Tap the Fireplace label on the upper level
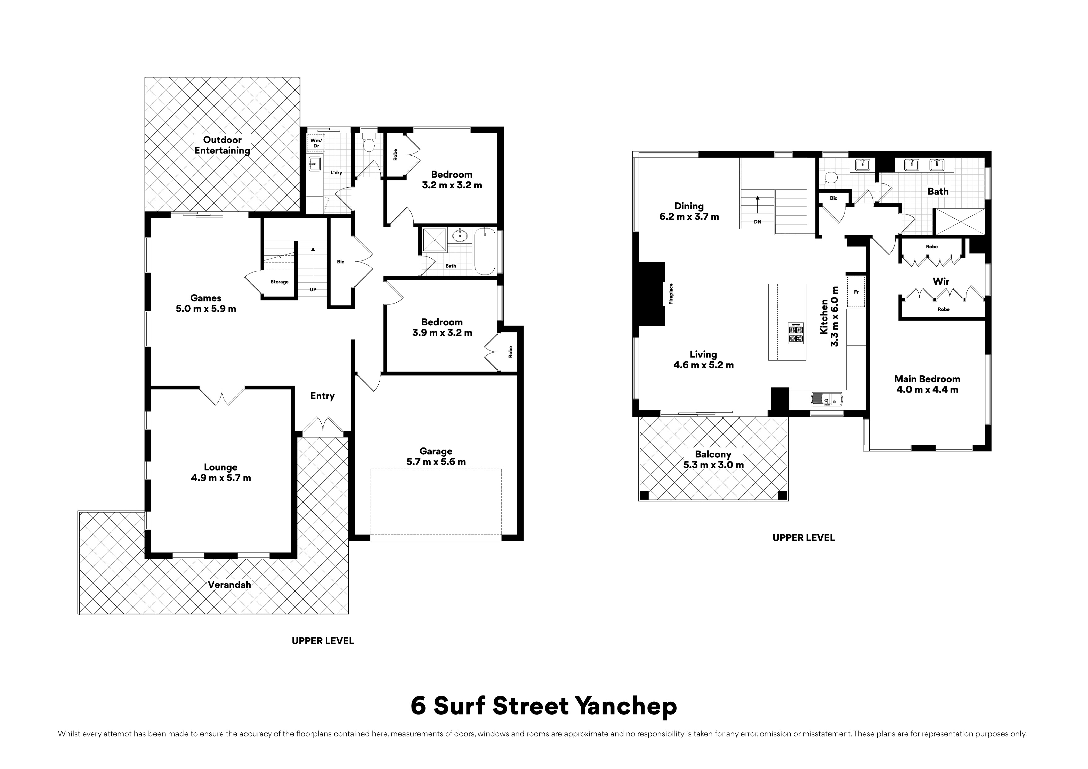(x=671, y=293)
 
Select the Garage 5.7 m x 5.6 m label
(x=436, y=456)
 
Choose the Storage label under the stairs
(x=279, y=282)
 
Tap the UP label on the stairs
(x=313, y=290)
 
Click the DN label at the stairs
(x=757, y=222)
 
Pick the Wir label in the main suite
(x=941, y=282)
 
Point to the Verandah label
(x=229, y=585)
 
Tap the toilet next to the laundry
(x=369, y=143)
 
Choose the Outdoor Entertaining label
(x=222, y=145)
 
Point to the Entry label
(x=322, y=396)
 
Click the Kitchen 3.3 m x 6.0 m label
(x=829, y=317)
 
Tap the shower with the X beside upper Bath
(x=959, y=221)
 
